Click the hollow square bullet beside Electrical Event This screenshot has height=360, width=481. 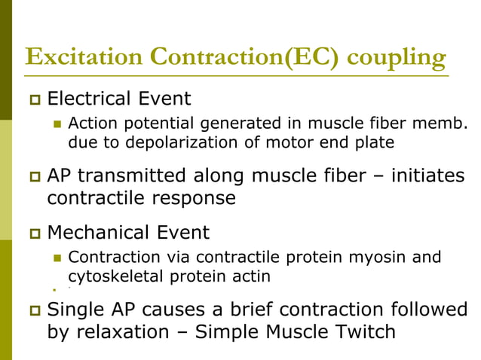click(x=32, y=99)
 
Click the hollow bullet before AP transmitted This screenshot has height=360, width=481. click(x=32, y=177)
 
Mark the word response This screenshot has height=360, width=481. click(x=194, y=198)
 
